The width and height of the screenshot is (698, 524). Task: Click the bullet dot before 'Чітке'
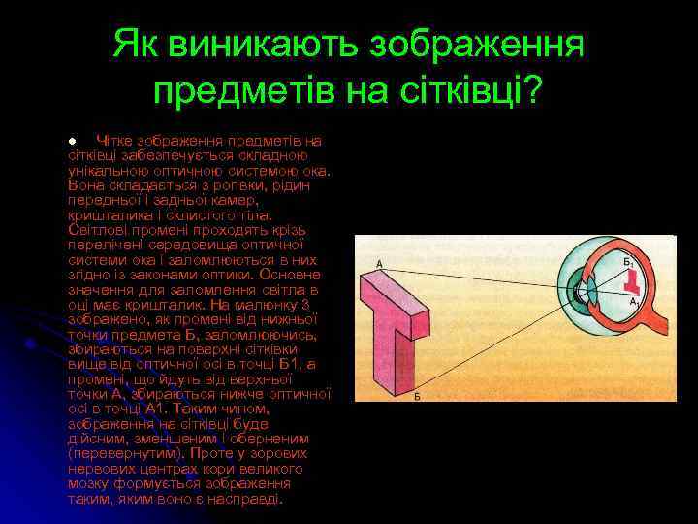[x=72, y=141]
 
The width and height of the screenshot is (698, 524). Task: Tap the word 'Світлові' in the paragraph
[x=98, y=229]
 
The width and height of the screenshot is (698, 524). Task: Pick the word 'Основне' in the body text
[x=290, y=274]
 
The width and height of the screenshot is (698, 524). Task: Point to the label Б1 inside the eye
[x=627, y=261]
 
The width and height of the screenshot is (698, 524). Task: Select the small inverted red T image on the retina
[x=634, y=281]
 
